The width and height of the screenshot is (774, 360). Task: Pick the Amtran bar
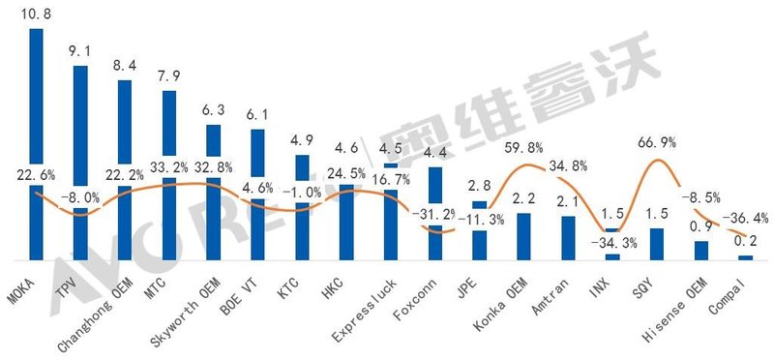[568, 238]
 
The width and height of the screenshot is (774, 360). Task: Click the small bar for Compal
[745, 257]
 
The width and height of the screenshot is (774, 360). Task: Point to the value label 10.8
[37, 15]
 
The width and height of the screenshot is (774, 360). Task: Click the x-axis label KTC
[296, 284]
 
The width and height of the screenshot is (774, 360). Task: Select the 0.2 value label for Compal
[744, 241]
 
